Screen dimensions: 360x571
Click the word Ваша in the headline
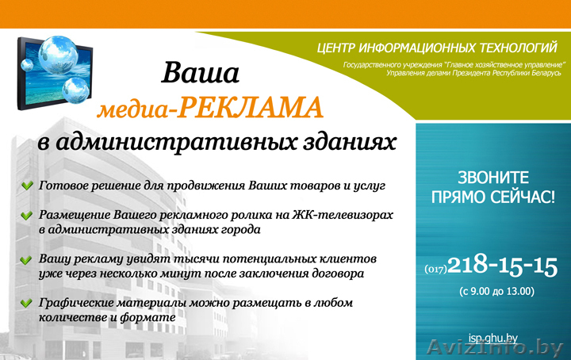[x=201, y=74]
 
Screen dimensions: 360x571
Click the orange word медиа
[x=134, y=110]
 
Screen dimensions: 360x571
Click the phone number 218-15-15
[x=503, y=265]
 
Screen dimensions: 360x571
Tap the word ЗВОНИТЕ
[x=493, y=177]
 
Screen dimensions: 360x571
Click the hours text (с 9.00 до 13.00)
[x=496, y=292]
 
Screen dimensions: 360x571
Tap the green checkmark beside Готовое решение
[x=28, y=186]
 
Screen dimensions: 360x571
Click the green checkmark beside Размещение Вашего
[x=28, y=216]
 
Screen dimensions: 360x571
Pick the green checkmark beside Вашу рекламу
[x=28, y=260]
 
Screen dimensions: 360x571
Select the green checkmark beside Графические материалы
[x=28, y=304]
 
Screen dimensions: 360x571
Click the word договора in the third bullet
[x=332, y=274]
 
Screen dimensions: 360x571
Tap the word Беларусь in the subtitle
[x=543, y=73]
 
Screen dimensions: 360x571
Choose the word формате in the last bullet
[x=148, y=317]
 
